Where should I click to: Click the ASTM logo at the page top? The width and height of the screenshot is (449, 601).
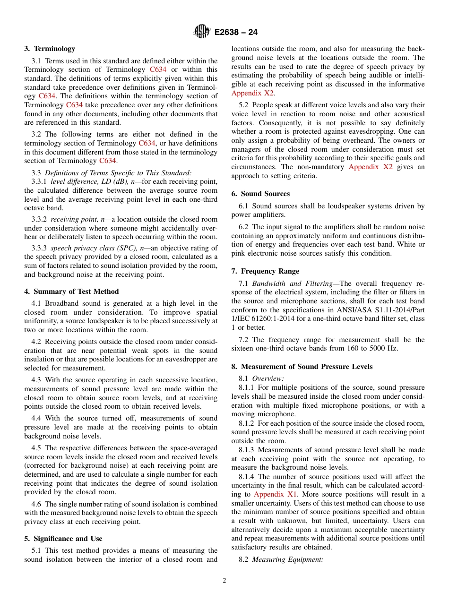[202, 32]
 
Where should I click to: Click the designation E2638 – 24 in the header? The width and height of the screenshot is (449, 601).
[236, 33]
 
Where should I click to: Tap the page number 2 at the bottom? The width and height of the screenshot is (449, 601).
[224, 581]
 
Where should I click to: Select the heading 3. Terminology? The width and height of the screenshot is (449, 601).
[50, 49]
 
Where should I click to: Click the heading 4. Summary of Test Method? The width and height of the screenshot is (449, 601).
[71, 292]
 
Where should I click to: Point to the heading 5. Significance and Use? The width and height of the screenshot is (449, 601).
[63, 539]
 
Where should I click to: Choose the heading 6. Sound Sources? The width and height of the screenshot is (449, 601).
[260, 194]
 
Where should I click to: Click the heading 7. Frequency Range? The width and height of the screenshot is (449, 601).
[265, 271]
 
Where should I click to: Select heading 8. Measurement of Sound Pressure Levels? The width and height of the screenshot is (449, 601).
[302, 367]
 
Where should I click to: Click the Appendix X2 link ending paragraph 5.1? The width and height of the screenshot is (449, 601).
[252, 93]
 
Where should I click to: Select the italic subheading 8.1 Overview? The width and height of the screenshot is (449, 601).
[268, 378]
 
